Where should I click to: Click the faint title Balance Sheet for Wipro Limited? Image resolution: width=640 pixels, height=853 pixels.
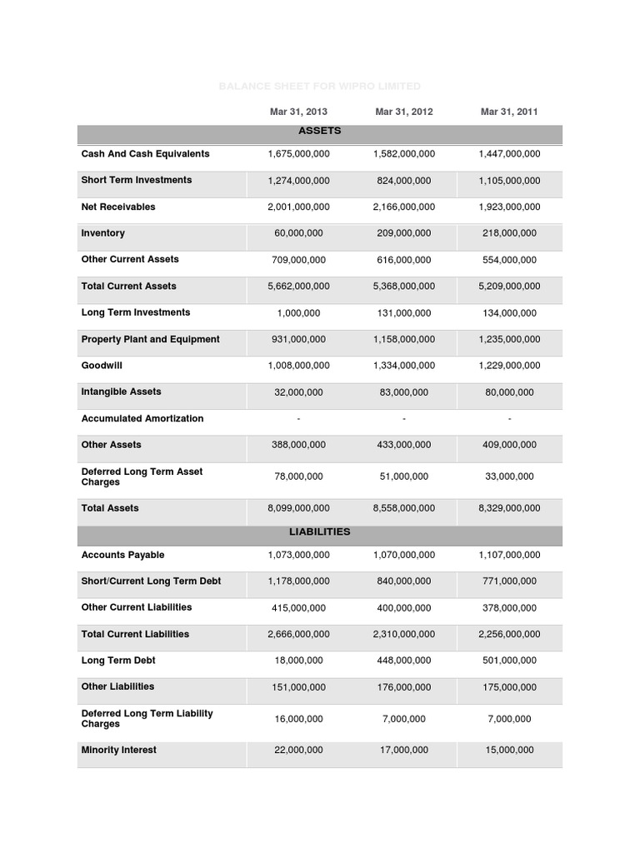[320, 87]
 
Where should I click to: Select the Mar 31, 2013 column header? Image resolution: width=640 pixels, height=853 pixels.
[298, 112]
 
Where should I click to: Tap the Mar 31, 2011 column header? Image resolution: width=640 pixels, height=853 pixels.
[509, 112]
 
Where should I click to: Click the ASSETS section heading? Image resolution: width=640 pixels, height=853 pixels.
[320, 132]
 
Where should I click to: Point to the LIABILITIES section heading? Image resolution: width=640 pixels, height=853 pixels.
[320, 531]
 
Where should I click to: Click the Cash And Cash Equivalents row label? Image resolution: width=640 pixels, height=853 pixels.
[145, 154]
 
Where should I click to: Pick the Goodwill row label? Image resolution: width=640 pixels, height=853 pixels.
[102, 366]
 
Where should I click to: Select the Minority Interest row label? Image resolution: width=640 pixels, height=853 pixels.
[118, 751]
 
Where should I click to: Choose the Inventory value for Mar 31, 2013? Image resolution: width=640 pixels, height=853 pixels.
[298, 234]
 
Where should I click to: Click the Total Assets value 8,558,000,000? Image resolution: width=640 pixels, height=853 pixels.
[403, 508]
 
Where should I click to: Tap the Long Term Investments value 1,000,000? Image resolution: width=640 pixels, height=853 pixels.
[298, 313]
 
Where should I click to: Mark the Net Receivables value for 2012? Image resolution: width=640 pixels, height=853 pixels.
[403, 207]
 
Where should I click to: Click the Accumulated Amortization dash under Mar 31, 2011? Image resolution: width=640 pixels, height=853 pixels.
[509, 419]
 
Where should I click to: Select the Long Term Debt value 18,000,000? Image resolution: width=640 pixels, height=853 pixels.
[298, 661]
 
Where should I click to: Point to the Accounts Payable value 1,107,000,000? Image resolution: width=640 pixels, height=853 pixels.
[509, 556]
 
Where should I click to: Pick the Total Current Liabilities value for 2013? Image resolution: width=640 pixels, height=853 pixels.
[298, 635]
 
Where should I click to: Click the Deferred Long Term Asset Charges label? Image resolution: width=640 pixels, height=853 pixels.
[142, 476]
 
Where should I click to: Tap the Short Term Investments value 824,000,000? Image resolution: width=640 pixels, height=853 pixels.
[403, 181]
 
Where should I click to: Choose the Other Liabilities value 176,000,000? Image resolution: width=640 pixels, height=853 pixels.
[403, 688]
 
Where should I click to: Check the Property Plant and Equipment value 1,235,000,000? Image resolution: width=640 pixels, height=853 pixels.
[509, 340]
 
